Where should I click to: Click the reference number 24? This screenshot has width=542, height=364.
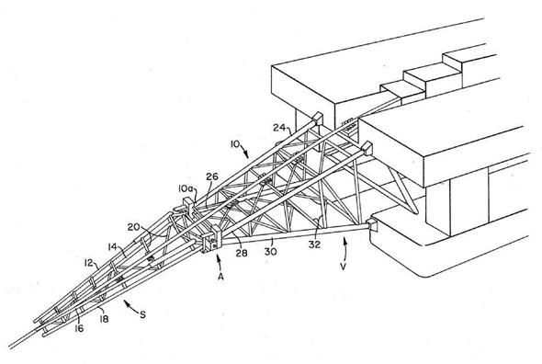(x=279, y=128)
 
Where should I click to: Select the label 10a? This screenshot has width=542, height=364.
(x=186, y=188)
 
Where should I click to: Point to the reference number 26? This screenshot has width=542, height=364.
(x=212, y=176)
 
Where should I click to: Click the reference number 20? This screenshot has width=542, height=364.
(x=133, y=227)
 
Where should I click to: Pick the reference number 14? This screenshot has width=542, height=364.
(x=112, y=246)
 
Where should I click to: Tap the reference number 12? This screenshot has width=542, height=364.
(x=88, y=263)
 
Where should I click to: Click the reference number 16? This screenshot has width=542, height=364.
(x=79, y=328)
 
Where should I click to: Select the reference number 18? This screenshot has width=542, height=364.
(x=104, y=319)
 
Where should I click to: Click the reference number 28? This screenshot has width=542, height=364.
(x=242, y=253)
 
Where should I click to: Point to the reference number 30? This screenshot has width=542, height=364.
(x=271, y=251)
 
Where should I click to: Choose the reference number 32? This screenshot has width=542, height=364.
(x=314, y=245)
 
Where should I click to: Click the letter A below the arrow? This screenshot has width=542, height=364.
(x=220, y=277)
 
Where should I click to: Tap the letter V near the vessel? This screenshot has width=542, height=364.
(x=343, y=267)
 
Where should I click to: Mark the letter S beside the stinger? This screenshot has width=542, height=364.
(x=142, y=314)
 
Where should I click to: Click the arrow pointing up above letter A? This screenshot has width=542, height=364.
(x=218, y=262)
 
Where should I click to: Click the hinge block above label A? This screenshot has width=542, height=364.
(x=209, y=242)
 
